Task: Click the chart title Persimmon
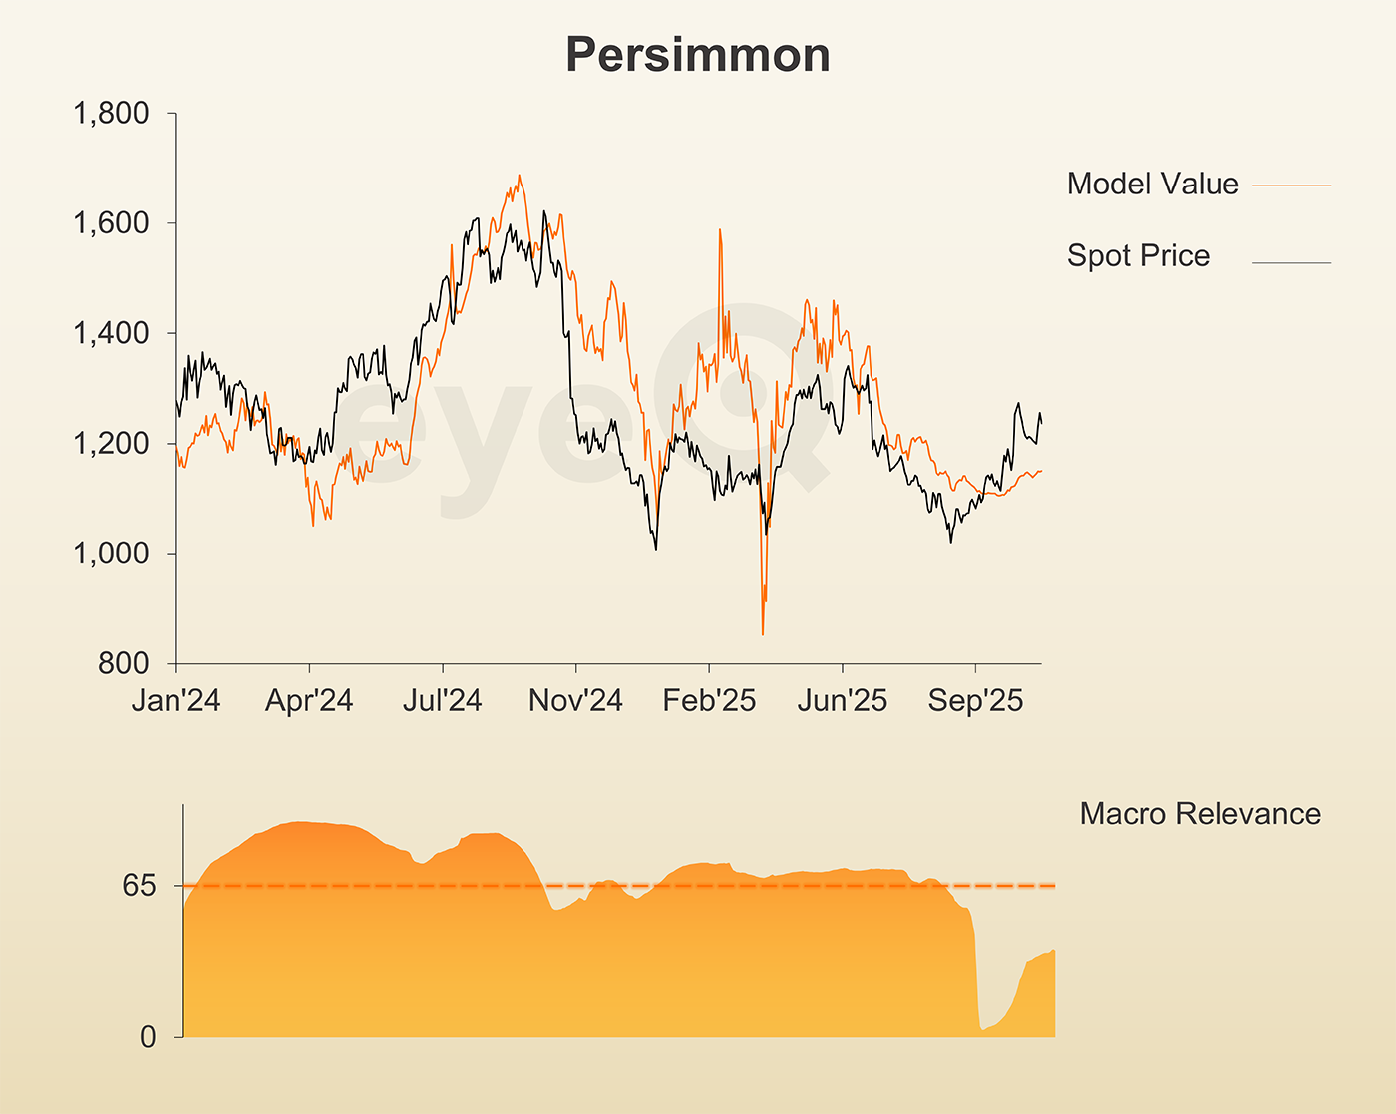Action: click(697, 55)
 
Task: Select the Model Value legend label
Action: click(1152, 184)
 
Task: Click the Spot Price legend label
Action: click(1137, 255)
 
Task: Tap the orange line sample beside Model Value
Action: click(1291, 186)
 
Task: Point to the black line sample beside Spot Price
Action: click(1291, 263)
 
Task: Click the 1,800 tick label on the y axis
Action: click(111, 114)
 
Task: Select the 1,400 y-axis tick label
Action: click(111, 333)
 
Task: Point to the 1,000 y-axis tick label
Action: click(111, 554)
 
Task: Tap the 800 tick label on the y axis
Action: click(123, 663)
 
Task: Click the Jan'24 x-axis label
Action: click(176, 701)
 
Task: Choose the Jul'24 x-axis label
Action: click(442, 701)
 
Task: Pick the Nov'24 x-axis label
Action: click(575, 701)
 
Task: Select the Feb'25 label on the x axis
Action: click(709, 701)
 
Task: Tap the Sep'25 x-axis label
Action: click(975, 701)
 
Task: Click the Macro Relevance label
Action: click(1200, 814)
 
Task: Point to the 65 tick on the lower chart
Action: click(140, 886)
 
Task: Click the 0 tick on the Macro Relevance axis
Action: click(148, 1037)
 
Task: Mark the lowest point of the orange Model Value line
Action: click(763, 634)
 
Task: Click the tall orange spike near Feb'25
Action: click(719, 231)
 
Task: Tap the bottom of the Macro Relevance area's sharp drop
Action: click(982, 1029)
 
